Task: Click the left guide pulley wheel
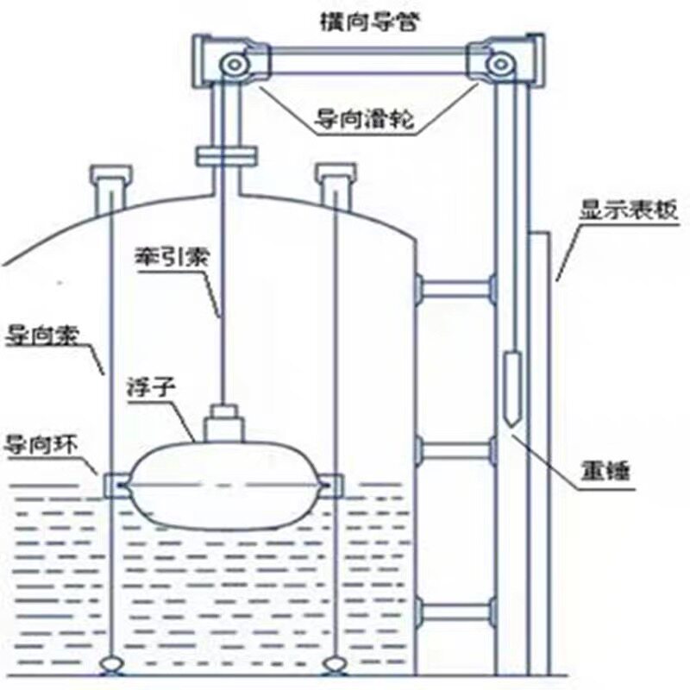point(230,64)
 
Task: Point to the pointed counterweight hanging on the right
point(511,388)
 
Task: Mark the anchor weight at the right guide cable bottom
point(334,664)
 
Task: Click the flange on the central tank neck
point(226,156)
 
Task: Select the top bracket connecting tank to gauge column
point(455,287)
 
